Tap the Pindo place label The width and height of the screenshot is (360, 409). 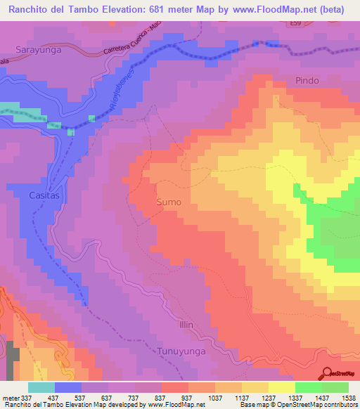click(x=307, y=80)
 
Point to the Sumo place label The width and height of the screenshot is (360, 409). click(x=168, y=202)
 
